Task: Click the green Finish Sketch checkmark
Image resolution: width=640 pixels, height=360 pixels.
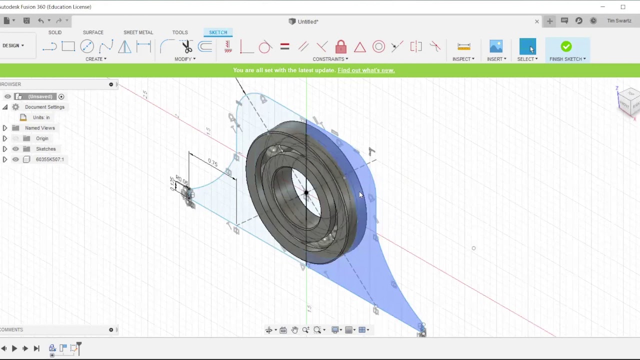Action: [x=566, y=46]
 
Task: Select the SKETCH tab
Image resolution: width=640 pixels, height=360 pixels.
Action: [x=218, y=32]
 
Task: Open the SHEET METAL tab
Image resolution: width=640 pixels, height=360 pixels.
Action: [x=138, y=32]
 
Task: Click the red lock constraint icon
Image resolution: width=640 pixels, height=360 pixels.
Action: [x=341, y=47]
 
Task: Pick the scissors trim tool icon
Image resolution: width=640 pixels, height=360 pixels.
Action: [x=187, y=47]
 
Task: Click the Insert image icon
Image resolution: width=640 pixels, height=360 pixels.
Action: [x=496, y=46]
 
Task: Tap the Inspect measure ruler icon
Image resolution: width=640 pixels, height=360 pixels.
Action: [x=463, y=46]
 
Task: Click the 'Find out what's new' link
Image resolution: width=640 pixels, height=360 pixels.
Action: [x=366, y=70]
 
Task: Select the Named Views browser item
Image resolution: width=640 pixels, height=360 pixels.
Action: [x=40, y=128]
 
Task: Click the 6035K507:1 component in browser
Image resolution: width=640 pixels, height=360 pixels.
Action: [x=49, y=159]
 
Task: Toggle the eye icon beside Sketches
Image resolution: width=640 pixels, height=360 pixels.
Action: [x=15, y=149]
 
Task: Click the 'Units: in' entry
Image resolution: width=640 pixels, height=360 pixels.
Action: [x=41, y=117]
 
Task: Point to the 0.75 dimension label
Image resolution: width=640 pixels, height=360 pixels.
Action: [x=213, y=163]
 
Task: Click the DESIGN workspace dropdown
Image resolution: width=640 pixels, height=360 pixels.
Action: [x=13, y=45]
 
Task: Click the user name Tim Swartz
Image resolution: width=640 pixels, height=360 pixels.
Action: [x=619, y=21]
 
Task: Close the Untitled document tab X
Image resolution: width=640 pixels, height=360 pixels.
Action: [x=537, y=21]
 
